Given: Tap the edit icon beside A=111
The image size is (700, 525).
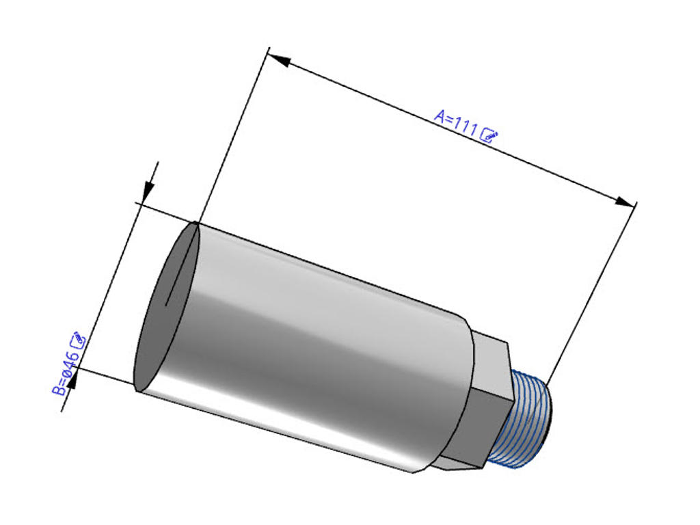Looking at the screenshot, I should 490,135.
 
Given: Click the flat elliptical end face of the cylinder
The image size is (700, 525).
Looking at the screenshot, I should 165,308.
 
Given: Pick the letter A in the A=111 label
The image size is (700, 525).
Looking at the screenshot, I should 440,114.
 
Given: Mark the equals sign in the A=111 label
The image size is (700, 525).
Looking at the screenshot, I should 448,118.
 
